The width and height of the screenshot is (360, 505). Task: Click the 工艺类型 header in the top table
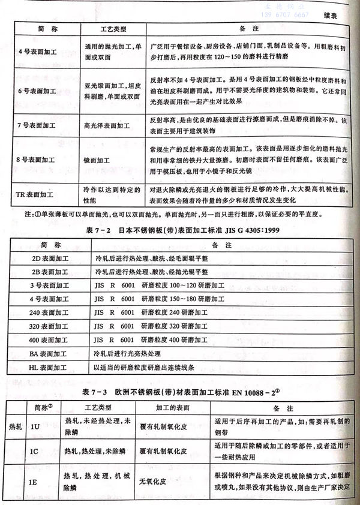click(112, 29)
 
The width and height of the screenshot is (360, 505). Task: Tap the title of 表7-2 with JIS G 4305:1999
click(180, 231)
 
